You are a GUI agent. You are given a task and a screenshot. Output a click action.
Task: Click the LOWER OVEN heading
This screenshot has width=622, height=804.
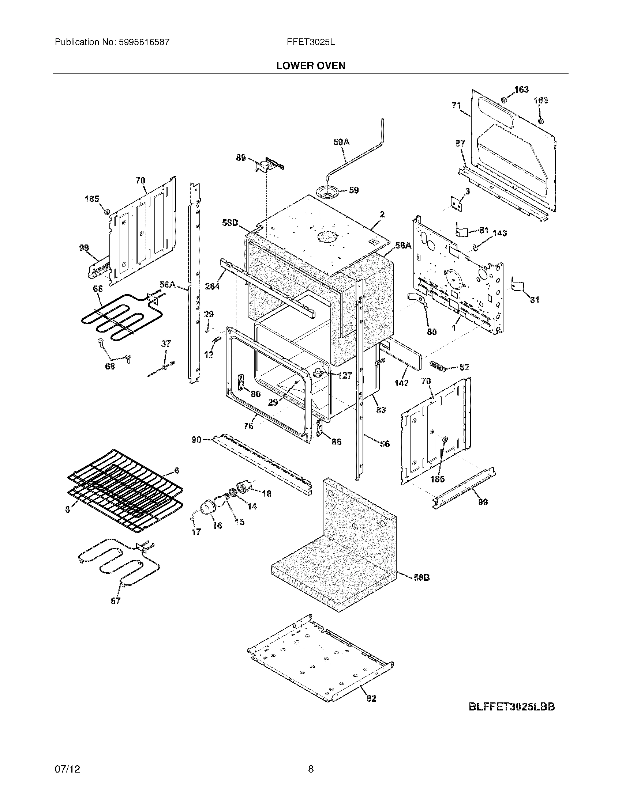(x=311, y=66)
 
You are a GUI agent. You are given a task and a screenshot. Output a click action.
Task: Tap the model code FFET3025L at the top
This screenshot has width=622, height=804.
(x=311, y=42)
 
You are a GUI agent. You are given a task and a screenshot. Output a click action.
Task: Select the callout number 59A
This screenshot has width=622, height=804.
(x=341, y=142)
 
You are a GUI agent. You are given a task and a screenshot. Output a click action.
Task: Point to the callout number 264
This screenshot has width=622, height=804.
(x=212, y=286)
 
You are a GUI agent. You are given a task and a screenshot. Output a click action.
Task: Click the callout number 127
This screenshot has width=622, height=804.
(x=344, y=375)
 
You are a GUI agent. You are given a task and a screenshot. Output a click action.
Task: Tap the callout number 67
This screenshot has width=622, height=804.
(x=115, y=601)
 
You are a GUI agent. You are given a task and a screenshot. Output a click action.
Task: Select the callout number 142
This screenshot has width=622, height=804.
(x=401, y=383)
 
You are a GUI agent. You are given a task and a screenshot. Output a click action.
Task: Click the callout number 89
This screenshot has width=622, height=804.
(x=241, y=158)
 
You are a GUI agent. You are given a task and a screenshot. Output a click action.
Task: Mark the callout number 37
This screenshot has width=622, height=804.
(x=166, y=344)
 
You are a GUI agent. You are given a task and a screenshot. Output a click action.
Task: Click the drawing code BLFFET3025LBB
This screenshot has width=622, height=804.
(x=512, y=706)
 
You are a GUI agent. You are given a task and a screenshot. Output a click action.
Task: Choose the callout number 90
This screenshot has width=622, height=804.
(x=196, y=439)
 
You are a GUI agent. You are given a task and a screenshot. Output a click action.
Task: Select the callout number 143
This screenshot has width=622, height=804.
(x=499, y=233)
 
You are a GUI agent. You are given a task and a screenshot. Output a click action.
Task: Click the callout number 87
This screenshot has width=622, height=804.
(x=460, y=144)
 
